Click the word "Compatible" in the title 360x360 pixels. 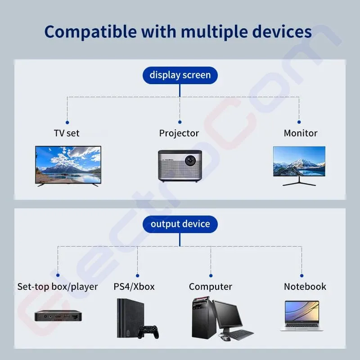click(90, 32)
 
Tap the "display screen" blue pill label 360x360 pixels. click(180, 75)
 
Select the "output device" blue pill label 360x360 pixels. click(180, 224)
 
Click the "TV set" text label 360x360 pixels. click(67, 133)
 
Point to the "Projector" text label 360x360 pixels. click(179, 133)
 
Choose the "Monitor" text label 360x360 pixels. click(301, 133)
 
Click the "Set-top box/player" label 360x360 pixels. click(58, 287)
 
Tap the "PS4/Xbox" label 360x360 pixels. click(134, 287)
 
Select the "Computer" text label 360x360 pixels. click(211, 287)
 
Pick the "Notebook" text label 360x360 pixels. click(305, 287)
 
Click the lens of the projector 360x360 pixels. click(190, 161)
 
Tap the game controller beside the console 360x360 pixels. click(148, 332)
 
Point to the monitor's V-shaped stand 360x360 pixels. click(299, 181)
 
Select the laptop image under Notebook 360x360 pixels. click(301, 316)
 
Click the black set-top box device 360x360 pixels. click(58, 316)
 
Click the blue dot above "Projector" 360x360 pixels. click(180, 122)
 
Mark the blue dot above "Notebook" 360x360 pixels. click(301, 275)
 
